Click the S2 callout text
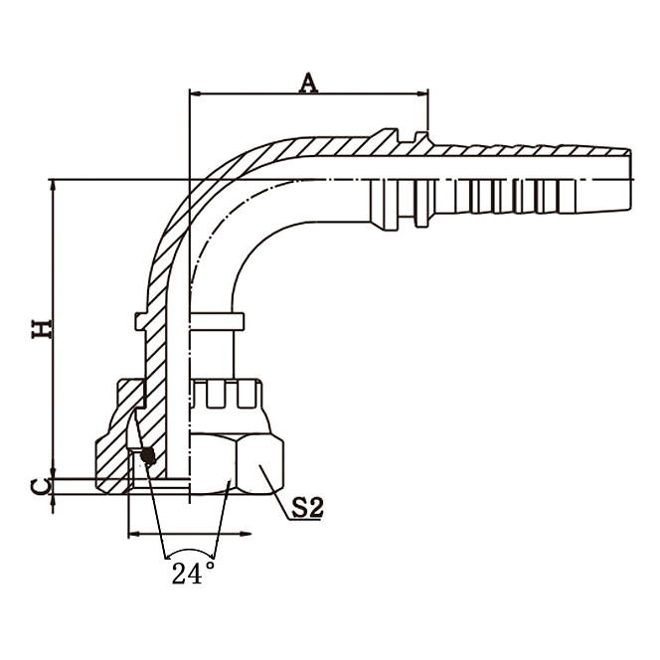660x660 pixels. (x=308, y=509)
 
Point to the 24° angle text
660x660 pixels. (x=193, y=574)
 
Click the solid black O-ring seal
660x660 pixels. (x=149, y=456)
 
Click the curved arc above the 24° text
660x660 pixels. (x=190, y=550)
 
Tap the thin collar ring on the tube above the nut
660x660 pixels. (x=214, y=319)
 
